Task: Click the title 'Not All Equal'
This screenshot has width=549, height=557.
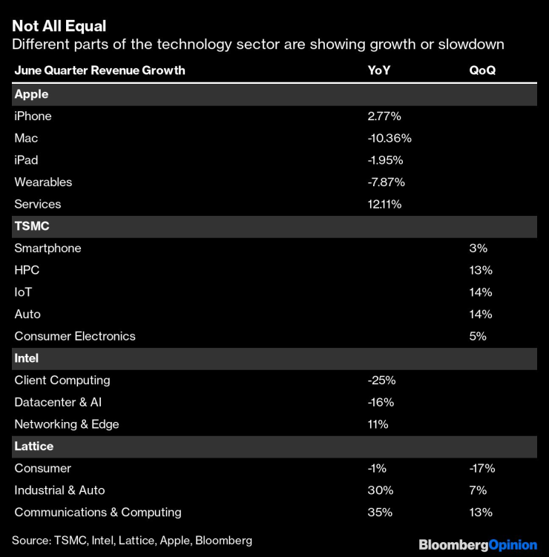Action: (59, 26)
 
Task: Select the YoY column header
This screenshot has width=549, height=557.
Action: (380, 70)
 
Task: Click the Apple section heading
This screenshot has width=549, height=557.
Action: (31, 94)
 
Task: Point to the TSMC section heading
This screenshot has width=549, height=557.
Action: (32, 226)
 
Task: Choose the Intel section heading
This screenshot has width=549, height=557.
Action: (27, 358)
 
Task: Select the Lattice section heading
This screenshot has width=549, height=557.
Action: (34, 446)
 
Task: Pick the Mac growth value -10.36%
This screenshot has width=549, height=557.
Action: (389, 138)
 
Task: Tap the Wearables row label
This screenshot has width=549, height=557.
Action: (43, 182)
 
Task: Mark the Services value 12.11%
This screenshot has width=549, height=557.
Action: (384, 204)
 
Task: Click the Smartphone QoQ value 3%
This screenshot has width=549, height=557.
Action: (478, 248)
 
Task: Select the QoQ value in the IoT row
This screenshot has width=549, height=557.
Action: (480, 292)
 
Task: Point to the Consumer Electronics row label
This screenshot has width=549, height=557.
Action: (75, 336)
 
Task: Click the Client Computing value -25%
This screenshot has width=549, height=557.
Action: (381, 380)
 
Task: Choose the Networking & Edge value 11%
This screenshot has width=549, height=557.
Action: (378, 424)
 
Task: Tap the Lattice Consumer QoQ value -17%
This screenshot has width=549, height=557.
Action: (481, 468)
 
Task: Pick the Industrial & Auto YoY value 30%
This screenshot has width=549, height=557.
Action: (381, 490)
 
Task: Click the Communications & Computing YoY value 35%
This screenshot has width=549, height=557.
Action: (381, 512)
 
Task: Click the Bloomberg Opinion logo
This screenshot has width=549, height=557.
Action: (478, 545)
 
